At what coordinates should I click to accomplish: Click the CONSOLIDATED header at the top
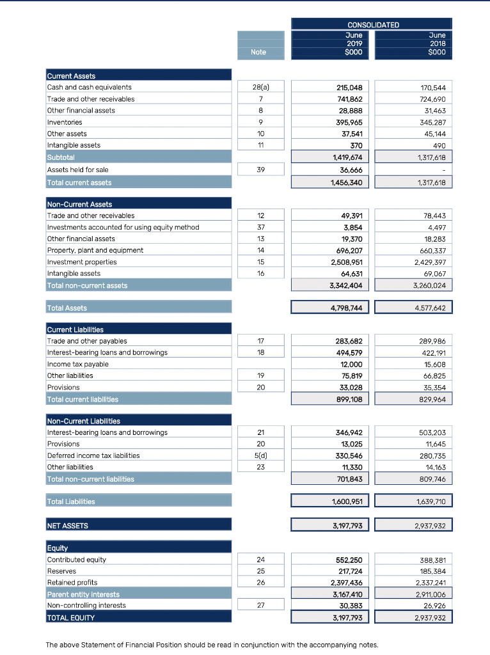pos(373,25)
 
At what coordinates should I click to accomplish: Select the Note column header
pos(258,52)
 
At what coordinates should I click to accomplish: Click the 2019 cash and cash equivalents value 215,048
pos(349,87)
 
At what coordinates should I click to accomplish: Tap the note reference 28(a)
pos(258,87)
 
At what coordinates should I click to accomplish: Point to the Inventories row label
pos(65,122)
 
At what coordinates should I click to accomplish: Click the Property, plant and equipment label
pos(95,250)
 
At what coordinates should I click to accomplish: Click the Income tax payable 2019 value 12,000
pos(351,364)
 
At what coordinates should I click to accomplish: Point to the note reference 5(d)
pos(258,455)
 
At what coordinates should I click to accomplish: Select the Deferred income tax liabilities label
pos(93,455)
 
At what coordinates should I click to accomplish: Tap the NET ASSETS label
pos(68,526)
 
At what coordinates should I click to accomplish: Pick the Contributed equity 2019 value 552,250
pos(349,560)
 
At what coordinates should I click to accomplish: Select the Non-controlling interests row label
pos(86,605)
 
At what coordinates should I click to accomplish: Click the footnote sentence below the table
pos(212,645)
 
